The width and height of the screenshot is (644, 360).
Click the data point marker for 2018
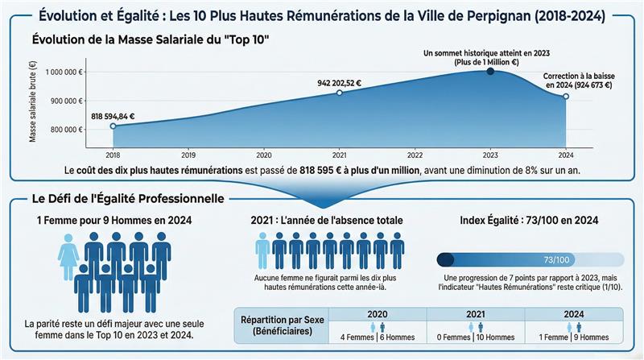coord(113,126)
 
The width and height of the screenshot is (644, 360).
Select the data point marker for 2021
coord(339,93)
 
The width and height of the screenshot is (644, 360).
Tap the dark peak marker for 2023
coord(490,72)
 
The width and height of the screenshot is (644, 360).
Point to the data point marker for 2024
coord(566,97)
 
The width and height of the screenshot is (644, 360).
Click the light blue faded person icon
coord(262,249)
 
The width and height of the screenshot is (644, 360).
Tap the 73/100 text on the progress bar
coord(556,259)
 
